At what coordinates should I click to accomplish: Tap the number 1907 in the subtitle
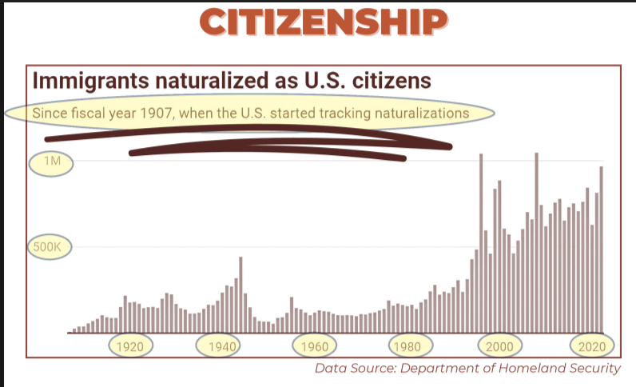click(x=155, y=114)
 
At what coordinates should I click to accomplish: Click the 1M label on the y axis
click(x=51, y=163)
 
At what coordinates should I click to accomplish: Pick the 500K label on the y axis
click(x=46, y=247)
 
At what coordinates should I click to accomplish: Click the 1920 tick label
click(x=129, y=347)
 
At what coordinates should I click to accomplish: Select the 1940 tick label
click(x=222, y=347)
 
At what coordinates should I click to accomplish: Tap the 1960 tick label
click(x=315, y=347)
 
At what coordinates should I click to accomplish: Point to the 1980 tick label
click(x=407, y=347)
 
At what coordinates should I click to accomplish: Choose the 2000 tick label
click(x=500, y=347)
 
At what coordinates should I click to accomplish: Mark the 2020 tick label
click(x=593, y=347)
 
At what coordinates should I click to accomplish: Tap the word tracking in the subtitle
click(x=320, y=114)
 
